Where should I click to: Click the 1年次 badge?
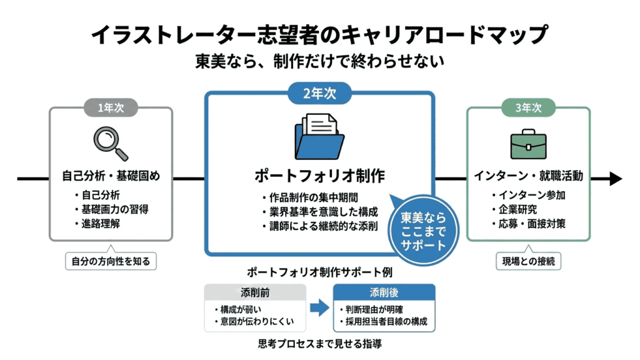[111, 107]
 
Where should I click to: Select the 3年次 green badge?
[528, 107]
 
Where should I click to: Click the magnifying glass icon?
[111, 143]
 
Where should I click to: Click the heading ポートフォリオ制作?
[319, 175]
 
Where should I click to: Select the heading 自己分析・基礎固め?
[111, 176]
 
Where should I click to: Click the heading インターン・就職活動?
[528, 176]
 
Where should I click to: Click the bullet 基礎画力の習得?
[114, 209]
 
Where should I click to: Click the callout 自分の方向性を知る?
[111, 261]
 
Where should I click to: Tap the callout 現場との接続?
[528, 261]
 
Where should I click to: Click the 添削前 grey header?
[255, 292]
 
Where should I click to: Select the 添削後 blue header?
[384, 292]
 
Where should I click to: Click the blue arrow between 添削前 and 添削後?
[319, 307]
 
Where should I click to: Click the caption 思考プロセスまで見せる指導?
[319, 343]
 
